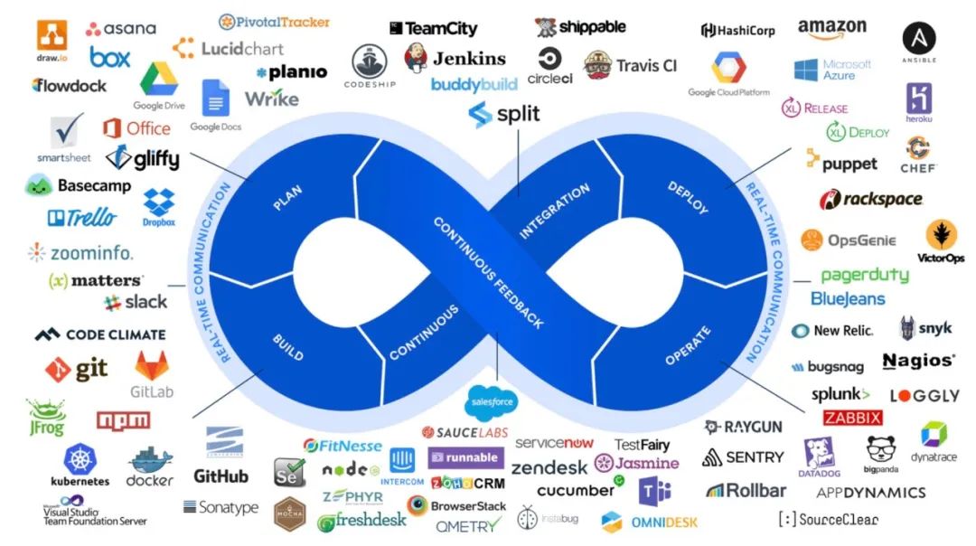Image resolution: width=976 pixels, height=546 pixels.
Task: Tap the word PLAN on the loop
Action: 287,198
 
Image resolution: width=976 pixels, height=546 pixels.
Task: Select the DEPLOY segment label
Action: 688,198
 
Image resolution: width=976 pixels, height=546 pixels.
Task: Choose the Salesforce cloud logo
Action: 490,401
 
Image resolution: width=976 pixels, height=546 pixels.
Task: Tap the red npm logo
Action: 123,420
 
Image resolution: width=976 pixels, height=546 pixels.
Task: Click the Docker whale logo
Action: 149,462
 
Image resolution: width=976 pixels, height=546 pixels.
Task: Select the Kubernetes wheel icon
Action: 80,458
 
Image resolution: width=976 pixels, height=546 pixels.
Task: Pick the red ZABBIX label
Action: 852,419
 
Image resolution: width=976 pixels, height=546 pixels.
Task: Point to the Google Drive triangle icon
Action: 159,80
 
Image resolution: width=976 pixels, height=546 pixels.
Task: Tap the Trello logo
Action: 82,217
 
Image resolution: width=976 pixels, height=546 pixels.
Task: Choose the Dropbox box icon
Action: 159,202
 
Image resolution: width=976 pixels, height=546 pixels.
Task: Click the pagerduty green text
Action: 864,276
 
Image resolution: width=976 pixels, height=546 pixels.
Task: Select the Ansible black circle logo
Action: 918,38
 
